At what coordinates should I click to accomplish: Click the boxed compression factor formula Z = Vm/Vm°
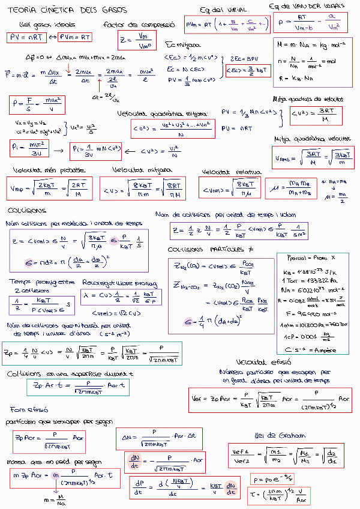[x=137, y=41]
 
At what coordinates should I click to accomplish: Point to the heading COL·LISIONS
[x=27, y=211]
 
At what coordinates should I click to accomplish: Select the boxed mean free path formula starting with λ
[x=112, y=297]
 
